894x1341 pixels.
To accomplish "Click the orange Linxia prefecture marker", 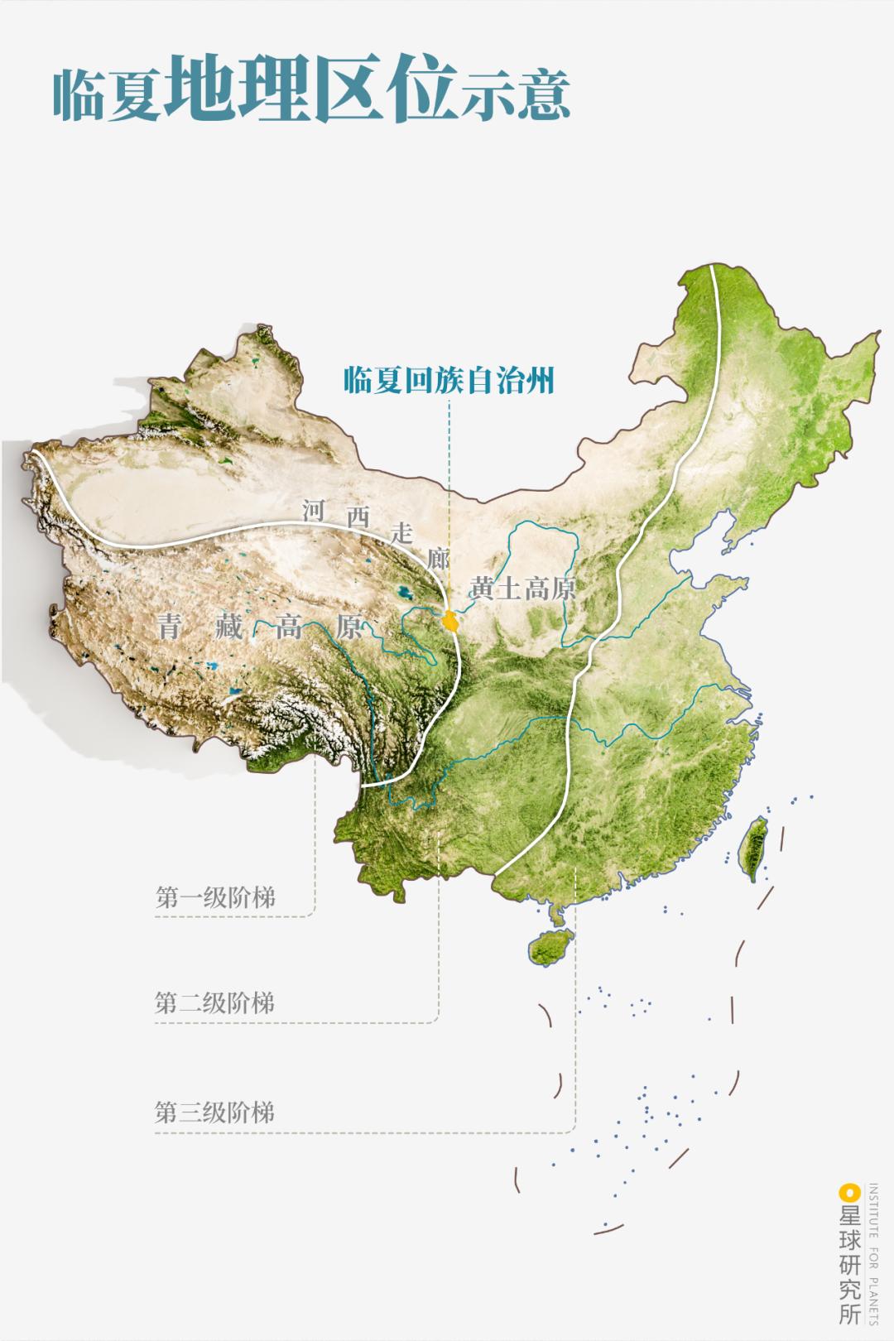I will [450, 621].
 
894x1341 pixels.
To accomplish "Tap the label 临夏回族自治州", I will [449, 380].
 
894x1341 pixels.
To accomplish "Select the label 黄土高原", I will [522, 589].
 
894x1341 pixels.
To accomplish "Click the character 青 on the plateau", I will [170, 626].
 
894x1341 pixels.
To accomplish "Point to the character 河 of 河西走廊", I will [312, 511].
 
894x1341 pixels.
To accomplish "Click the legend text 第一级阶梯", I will [215, 897].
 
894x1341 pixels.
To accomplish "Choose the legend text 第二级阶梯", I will [214, 1003].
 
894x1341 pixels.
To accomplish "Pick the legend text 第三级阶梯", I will [214, 1112].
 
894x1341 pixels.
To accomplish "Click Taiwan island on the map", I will [752, 849].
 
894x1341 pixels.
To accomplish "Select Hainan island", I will [550, 947].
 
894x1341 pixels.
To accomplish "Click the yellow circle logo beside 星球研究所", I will [848, 1193].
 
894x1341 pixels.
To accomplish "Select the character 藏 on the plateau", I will [228, 626].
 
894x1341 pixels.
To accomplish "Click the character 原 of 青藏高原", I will [349, 627].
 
